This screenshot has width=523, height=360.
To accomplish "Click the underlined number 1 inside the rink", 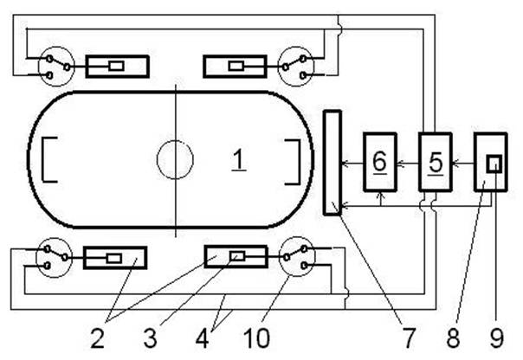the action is [x=239, y=160].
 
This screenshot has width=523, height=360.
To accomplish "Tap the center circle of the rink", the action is [x=175, y=141].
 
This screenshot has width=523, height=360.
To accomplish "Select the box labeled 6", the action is [x=380, y=162].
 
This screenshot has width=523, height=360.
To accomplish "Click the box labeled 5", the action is [x=436, y=162].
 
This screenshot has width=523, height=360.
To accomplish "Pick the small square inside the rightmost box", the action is [x=494, y=164].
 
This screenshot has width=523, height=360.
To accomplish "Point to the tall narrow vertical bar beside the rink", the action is [x=333, y=163].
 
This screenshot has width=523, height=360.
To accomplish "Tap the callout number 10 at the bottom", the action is [x=256, y=337].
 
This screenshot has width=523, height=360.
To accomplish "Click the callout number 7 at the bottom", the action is [x=409, y=337].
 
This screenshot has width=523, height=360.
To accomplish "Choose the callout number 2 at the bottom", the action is [x=97, y=337].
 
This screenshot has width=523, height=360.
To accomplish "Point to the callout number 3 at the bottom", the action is [x=150, y=337].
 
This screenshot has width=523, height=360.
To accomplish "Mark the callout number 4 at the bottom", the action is [x=203, y=337].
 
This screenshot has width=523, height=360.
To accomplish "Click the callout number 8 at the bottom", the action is [x=453, y=337].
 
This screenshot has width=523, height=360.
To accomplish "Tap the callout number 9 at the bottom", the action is [x=497, y=337].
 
